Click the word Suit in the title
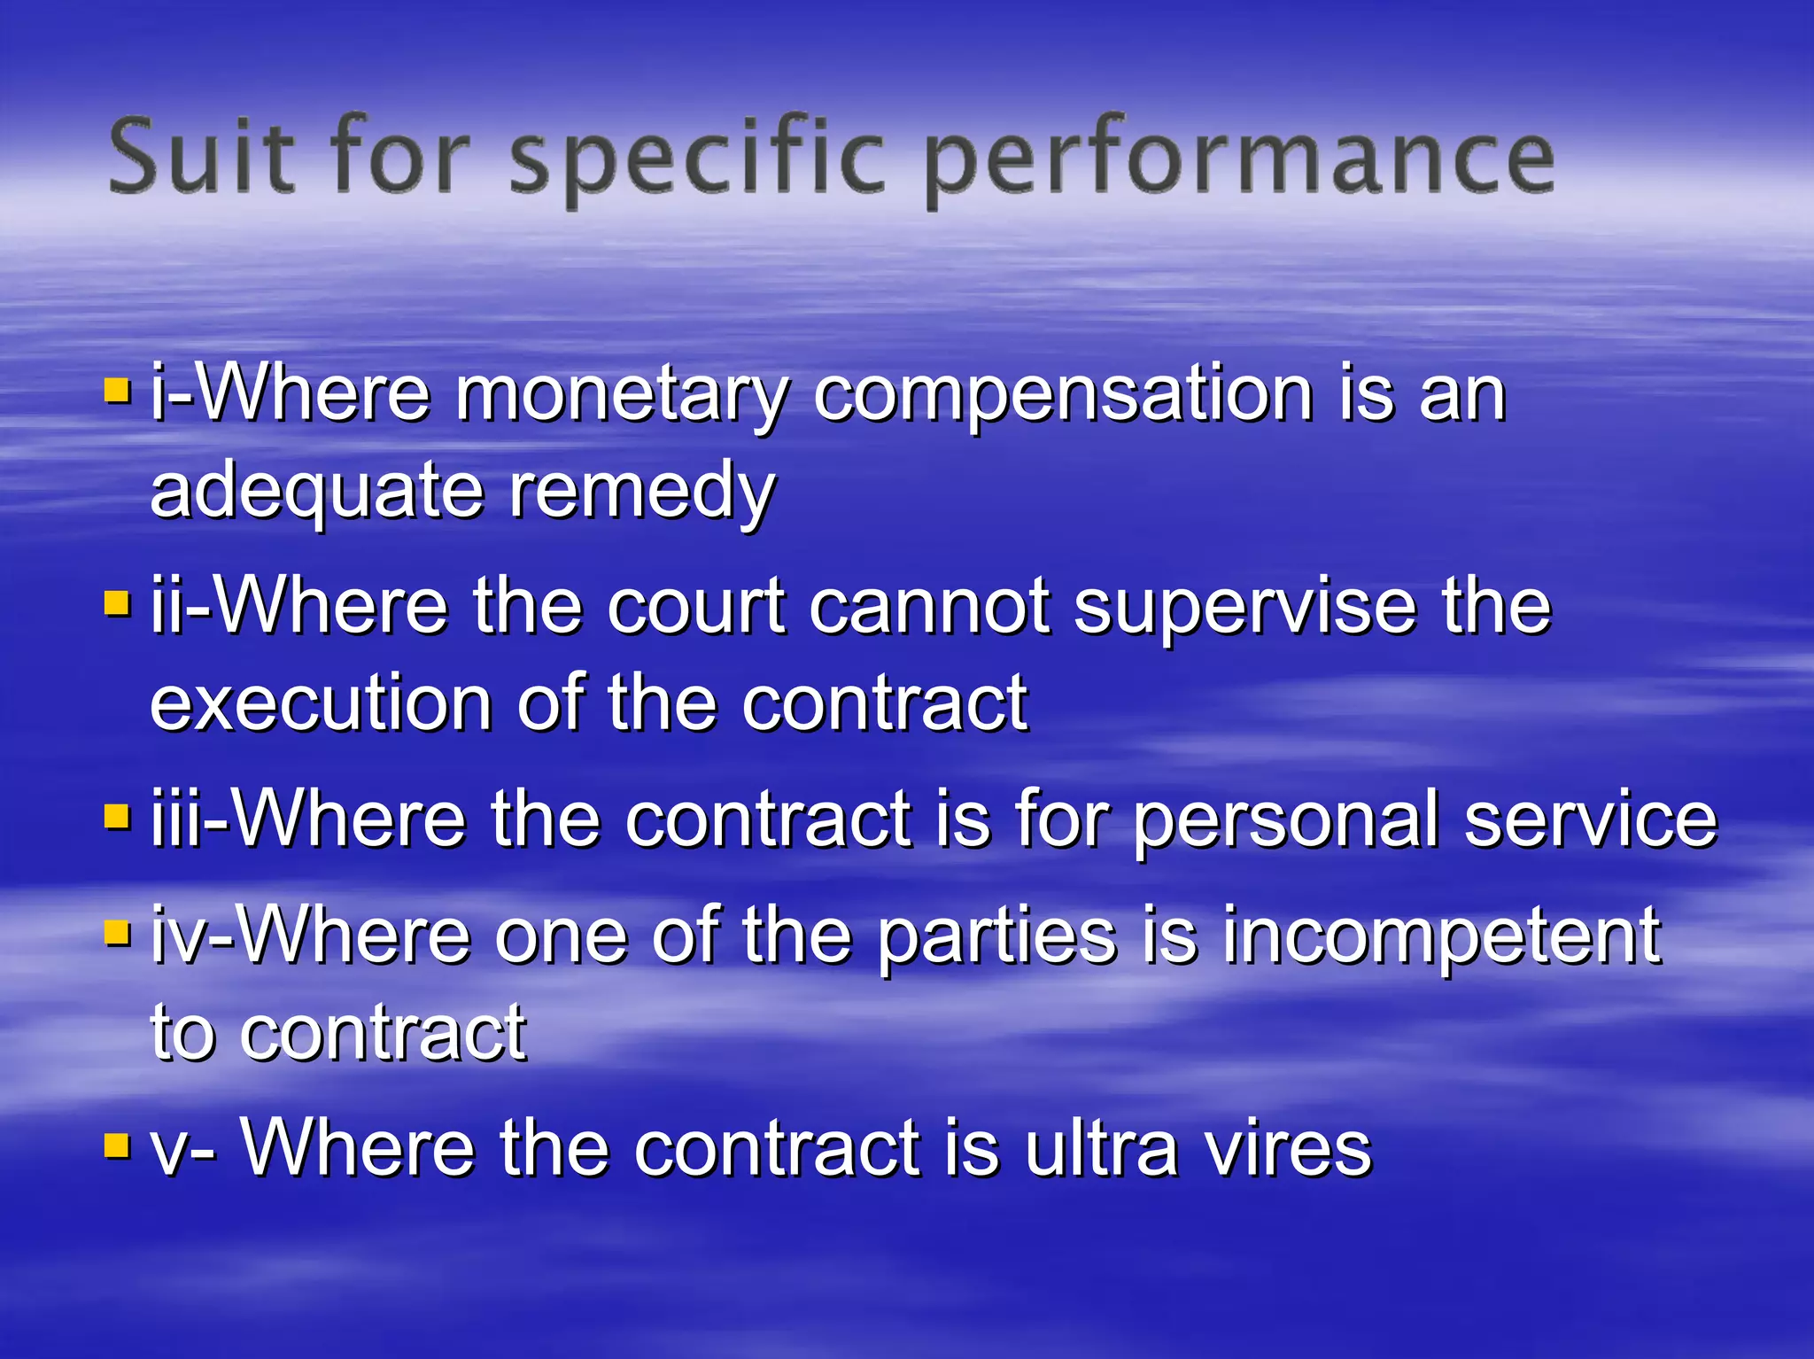click(x=201, y=158)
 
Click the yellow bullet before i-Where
click(x=117, y=390)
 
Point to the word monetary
click(x=621, y=396)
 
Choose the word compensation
click(x=1063, y=396)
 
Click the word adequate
click(x=316, y=493)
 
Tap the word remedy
click(x=642, y=493)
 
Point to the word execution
click(x=321, y=704)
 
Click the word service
click(x=1591, y=819)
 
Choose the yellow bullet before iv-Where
click(x=117, y=932)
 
